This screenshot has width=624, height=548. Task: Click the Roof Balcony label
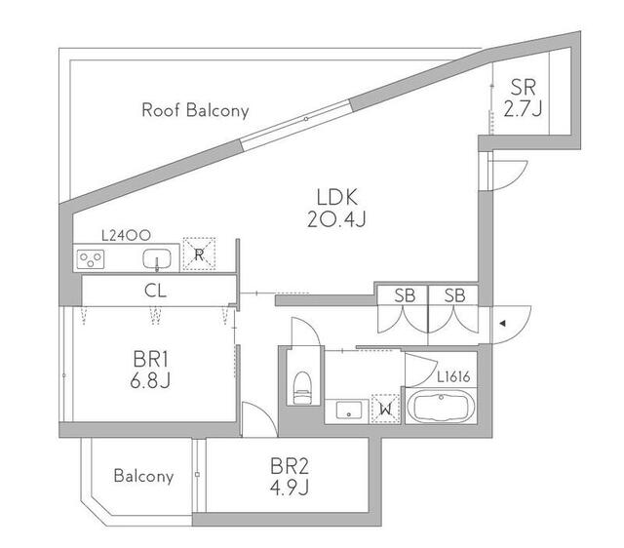coord(195,110)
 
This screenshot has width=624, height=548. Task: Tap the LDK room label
coord(337,197)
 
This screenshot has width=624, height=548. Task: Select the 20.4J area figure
coord(336,218)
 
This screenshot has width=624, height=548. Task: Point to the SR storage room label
coord(523,87)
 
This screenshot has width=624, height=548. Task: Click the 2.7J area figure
coord(523,108)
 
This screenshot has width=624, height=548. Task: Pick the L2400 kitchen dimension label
coord(126,235)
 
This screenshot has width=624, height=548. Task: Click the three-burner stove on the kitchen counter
coord(91,259)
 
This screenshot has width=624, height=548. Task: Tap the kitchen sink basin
coord(157,258)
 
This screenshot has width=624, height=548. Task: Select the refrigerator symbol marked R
coord(199,254)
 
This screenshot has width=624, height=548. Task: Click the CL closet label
coord(155,291)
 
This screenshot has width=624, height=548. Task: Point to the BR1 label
coord(151,359)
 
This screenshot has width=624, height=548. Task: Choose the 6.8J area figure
coord(150,380)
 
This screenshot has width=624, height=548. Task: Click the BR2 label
coord(290,466)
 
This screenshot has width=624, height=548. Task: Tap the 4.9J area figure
coord(290,488)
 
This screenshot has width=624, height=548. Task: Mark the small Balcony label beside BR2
coord(143,476)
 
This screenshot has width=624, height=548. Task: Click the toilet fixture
coord(302,388)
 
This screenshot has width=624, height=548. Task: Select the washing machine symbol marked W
coord(385,409)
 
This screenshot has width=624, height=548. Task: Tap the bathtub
coord(441,407)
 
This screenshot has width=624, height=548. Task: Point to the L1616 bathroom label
coord(453,377)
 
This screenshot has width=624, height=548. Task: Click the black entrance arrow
coord(503,324)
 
